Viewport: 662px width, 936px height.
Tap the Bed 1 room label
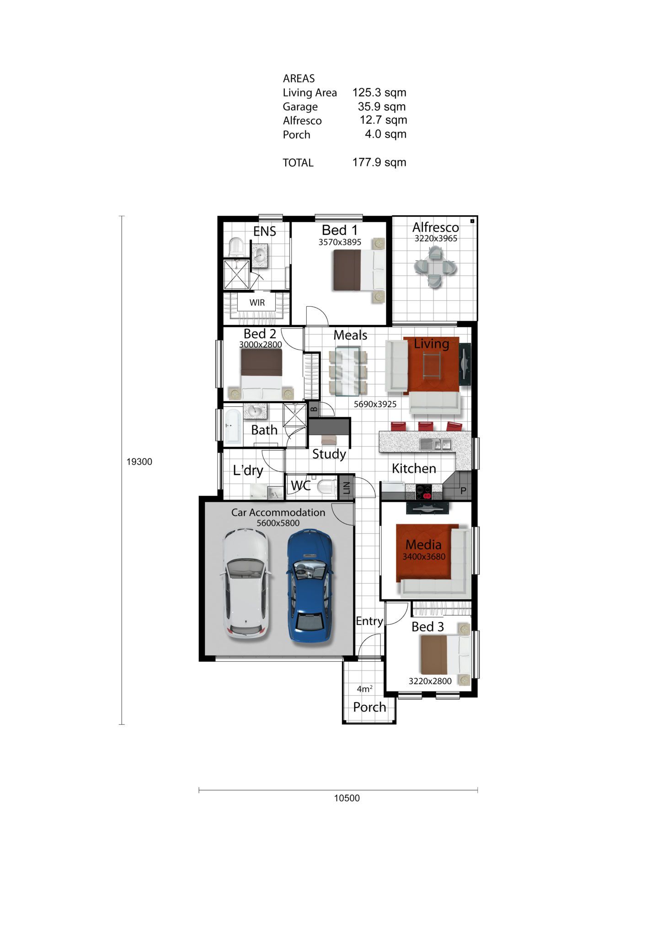(340, 230)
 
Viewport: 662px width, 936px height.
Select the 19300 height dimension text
(139, 462)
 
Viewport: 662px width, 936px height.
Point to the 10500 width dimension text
(347, 798)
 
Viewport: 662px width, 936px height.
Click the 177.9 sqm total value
(379, 162)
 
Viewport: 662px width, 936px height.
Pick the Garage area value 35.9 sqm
(382, 106)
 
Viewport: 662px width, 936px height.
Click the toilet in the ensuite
(235, 247)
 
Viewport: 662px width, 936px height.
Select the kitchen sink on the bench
(436, 444)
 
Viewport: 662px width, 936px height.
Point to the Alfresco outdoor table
(435, 266)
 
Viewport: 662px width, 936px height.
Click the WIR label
(257, 303)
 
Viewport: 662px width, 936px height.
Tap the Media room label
(423, 544)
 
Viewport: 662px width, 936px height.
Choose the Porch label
(369, 707)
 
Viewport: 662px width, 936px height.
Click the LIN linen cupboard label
(346, 488)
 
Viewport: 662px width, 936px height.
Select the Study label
(329, 454)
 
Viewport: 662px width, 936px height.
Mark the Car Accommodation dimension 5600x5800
(278, 523)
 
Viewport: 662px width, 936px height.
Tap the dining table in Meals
(347, 371)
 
